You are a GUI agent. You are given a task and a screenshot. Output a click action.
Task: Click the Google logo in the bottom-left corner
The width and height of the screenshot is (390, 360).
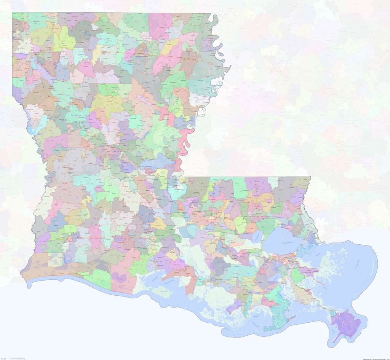[x=4, y=358]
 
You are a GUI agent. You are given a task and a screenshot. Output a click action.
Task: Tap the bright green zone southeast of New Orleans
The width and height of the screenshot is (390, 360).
[x=297, y=275]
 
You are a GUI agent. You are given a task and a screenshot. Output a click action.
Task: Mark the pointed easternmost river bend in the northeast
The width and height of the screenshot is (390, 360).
[x=230, y=68]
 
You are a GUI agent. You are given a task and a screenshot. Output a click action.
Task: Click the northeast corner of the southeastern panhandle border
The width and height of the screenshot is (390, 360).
[x=310, y=177]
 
